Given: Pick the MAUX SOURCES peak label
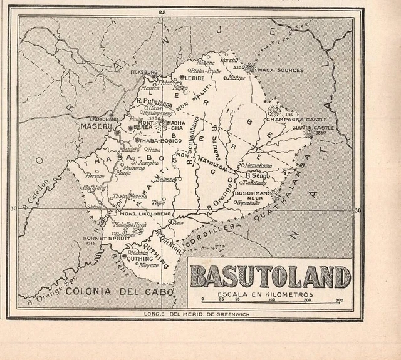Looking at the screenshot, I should pos(280,70).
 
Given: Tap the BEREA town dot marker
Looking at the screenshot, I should pos(130,128).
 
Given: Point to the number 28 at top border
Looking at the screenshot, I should pos(162,12).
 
